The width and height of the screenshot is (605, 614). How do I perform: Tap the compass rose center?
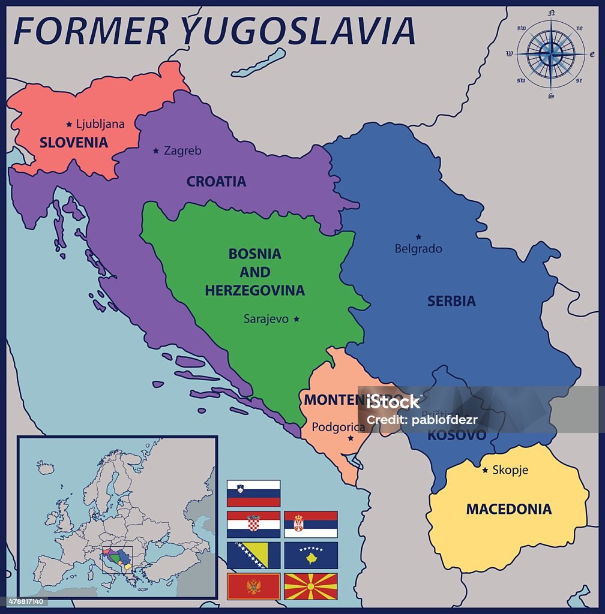(550, 55)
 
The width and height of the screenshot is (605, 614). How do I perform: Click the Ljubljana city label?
(100, 124)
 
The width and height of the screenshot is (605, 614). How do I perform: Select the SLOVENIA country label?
(73, 143)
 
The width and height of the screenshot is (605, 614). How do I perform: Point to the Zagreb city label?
(182, 151)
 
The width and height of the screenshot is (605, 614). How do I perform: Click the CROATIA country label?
(216, 182)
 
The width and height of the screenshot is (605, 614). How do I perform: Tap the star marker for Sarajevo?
(296, 319)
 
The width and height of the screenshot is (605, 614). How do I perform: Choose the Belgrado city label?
(418, 248)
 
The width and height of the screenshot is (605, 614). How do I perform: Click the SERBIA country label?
(451, 301)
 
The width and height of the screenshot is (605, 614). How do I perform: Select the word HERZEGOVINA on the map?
(254, 291)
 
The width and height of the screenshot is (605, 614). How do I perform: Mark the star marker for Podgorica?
(351, 438)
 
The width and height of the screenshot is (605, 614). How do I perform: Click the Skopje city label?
(510, 470)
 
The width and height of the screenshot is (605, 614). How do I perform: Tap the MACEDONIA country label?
(508, 509)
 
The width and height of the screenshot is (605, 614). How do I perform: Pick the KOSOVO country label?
(457, 436)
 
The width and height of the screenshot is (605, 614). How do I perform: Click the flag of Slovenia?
(253, 493)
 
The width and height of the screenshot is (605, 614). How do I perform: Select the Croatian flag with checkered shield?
(253, 524)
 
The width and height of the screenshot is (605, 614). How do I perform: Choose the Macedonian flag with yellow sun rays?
(310, 586)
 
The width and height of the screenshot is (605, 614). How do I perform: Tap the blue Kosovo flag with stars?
(310, 555)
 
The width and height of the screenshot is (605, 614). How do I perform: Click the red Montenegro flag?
(253, 586)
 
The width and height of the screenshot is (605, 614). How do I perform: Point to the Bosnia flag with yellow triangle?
(253, 555)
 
